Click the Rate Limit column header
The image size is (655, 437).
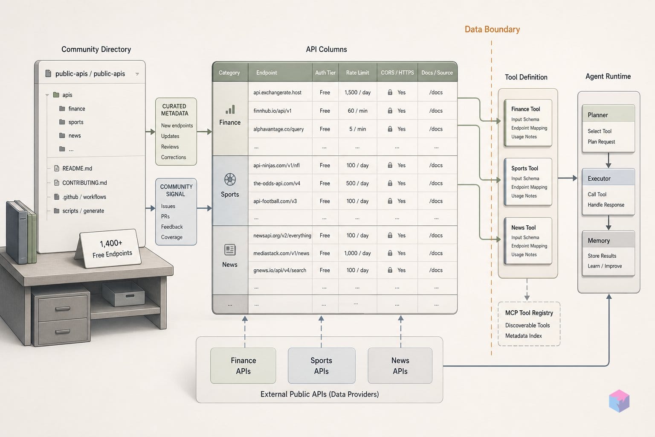point(357,73)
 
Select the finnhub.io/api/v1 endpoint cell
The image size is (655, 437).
point(272,111)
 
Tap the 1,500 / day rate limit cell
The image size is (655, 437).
point(357,93)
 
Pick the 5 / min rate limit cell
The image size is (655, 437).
point(357,129)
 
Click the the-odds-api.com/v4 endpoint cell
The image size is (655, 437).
point(277,183)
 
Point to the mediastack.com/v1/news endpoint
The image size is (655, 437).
point(281,253)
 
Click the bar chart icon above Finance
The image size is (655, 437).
point(230,110)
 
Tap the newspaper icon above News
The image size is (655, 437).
point(230,250)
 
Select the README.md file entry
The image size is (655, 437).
point(73,168)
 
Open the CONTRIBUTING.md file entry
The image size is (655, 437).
point(81,183)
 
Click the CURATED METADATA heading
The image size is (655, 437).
point(174,110)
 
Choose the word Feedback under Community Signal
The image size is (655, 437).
point(172,227)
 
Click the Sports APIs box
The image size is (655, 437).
point(322,366)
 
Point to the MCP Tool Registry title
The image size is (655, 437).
point(529,313)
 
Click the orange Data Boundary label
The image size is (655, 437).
point(492,29)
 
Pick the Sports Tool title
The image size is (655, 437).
point(525,168)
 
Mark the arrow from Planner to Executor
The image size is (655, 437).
point(609,160)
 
